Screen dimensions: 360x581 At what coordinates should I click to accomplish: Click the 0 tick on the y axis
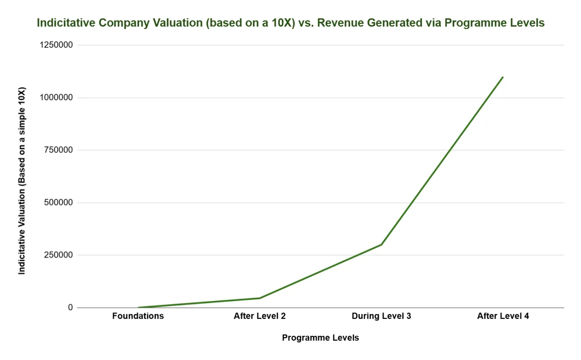pos(71,308)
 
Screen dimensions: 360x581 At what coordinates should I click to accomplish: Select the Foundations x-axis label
pos(138,316)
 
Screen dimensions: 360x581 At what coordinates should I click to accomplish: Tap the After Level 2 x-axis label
pos(260,316)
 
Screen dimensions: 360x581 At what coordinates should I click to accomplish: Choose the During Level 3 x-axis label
pos(382,316)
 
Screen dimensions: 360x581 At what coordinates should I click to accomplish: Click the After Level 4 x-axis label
pos(503,316)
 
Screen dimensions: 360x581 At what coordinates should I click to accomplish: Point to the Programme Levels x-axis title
pos(321,338)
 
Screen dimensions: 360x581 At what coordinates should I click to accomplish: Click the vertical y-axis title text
pos(22,181)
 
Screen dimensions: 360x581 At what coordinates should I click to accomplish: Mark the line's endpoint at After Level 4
pos(503,77)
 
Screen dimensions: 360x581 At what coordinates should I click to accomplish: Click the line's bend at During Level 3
pos(382,244)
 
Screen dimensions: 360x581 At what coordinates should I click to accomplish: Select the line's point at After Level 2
pos(260,298)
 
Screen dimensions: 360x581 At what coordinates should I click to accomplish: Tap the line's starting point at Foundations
pos(138,307)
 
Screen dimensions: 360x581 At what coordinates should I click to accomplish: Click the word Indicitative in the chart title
pos(66,23)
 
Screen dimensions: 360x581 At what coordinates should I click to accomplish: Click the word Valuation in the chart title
pos(170,23)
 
